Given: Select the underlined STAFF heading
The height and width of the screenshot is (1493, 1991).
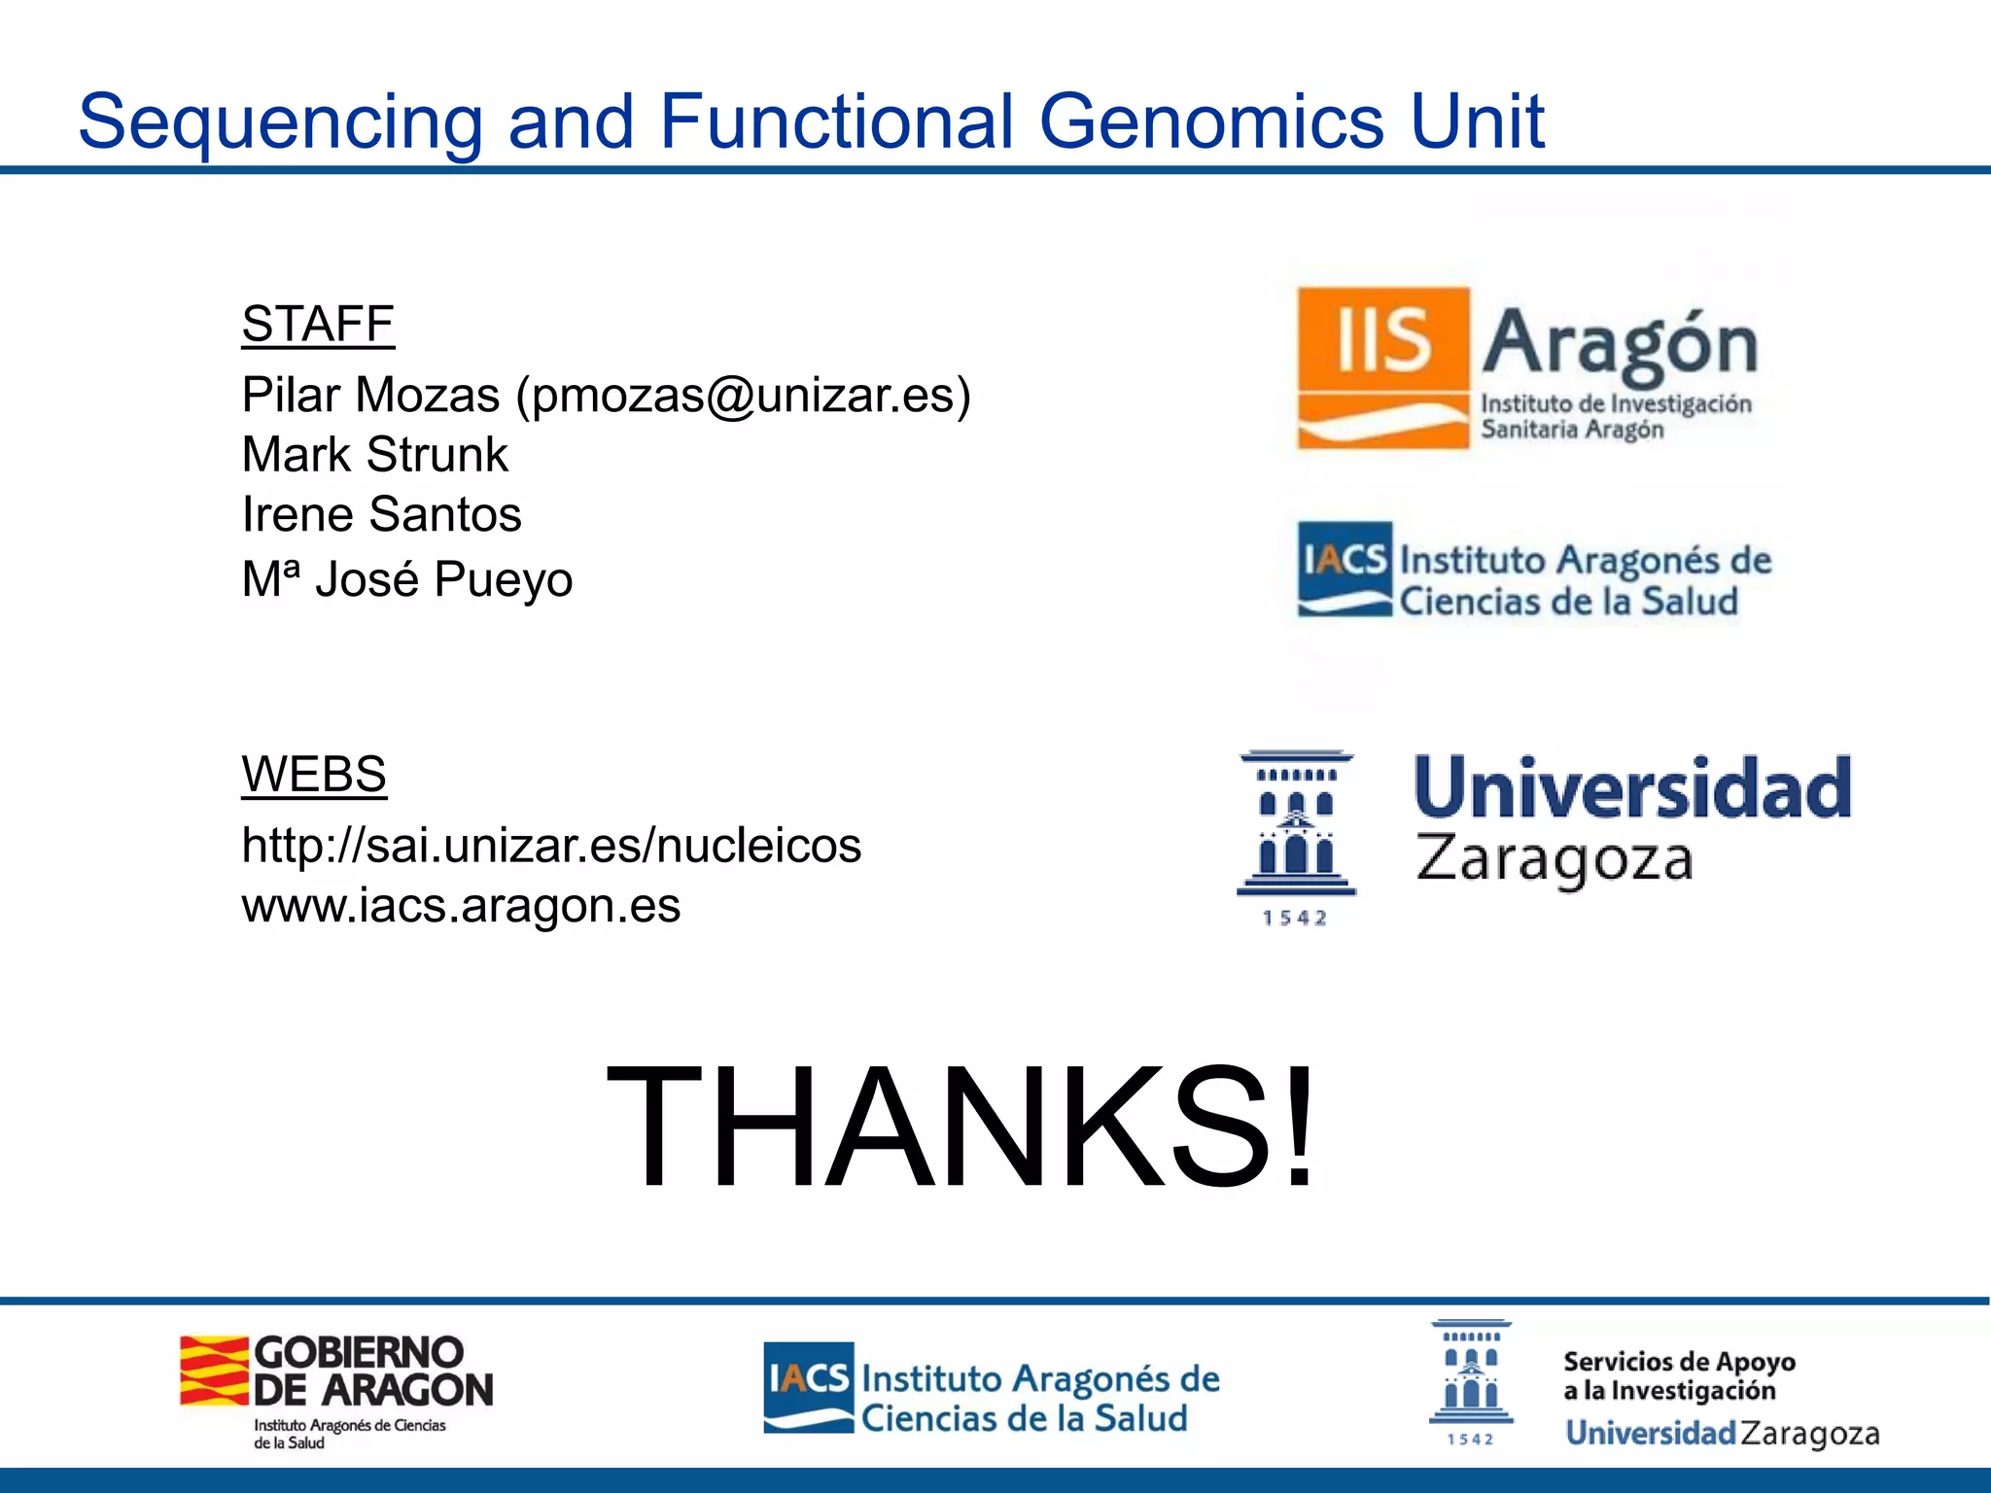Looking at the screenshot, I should pyautogui.click(x=318, y=324).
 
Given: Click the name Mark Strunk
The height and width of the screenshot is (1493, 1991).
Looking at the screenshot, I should pyautogui.click(x=374, y=455).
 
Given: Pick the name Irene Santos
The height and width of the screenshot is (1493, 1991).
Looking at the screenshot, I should pyautogui.click(x=381, y=514).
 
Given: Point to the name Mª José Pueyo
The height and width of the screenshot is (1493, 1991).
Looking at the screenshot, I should pyautogui.click(x=406, y=579).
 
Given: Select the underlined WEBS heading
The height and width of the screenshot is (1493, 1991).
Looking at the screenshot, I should pyautogui.click(x=314, y=775).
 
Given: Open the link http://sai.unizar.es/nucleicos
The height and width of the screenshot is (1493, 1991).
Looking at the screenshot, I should pyautogui.click(x=550, y=845).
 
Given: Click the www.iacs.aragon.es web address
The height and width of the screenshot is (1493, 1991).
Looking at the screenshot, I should pyautogui.click(x=460, y=906).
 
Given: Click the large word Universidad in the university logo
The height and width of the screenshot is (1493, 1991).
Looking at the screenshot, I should pyautogui.click(x=1632, y=788).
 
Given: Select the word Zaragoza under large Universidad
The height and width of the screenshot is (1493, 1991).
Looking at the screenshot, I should pyautogui.click(x=1554, y=860).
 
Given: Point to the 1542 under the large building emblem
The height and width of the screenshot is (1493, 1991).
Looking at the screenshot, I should pyautogui.click(x=1294, y=919).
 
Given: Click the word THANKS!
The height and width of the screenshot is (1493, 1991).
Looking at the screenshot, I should pyautogui.click(x=961, y=1128).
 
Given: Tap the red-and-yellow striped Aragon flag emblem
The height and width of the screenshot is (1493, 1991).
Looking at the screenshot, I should pyautogui.click(x=214, y=1371).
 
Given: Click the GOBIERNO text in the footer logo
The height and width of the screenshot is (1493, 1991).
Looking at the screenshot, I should pyautogui.click(x=359, y=1352).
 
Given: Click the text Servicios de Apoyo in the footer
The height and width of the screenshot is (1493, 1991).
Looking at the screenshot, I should pyautogui.click(x=1679, y=1362).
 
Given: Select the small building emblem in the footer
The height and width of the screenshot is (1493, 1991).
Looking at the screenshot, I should pyautogui.click(x=1471, y=1371).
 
